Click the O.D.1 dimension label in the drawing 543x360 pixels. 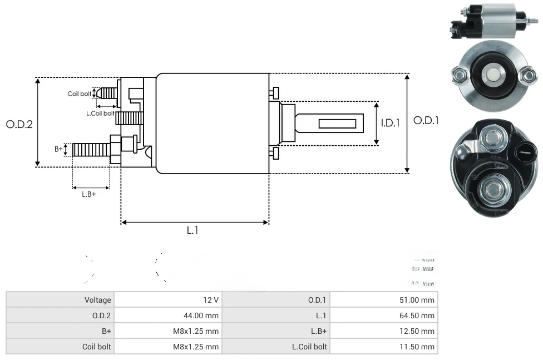pyautogui.click(x=426, y=120)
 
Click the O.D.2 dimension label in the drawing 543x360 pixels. pyautogui.click(x=19, y=124)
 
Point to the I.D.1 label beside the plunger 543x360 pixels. pyautogui.click(x=390, y=123)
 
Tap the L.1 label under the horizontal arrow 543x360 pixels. pyautogui.click(x=192, y=230)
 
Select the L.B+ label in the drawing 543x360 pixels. pyautogui.click(x=88, y=194)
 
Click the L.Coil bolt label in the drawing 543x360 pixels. pyautogui.click(x=100, y=113)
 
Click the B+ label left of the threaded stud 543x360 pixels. pyautogui.click(x=58, y=149)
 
